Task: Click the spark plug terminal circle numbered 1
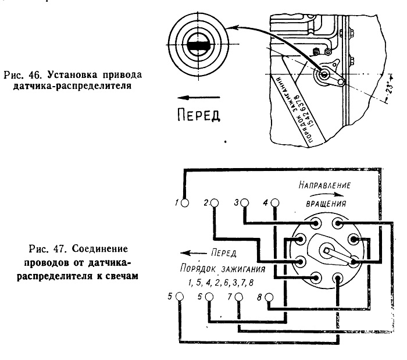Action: (185, 203)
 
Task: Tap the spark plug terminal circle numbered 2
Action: (215, 203)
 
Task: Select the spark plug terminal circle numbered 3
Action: (245, 202)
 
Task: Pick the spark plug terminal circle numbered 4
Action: (275, 202)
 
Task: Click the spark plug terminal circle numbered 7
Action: (239, 297)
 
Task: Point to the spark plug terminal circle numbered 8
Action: (269, 297)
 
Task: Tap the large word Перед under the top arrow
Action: (199, 115)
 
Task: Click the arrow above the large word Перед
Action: (199, 98)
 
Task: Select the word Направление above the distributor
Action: (324, 185)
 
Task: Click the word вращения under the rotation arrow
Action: (326, 204)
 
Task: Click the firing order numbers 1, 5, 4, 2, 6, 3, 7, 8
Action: (221, 283)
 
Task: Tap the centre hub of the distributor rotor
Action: (326, 251)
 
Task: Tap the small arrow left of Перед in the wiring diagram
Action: (194, 253)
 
